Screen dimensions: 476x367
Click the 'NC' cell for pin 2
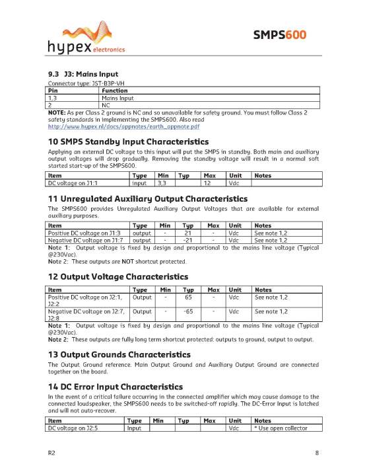(x=106, y=104)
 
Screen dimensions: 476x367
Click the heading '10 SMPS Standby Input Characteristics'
(x=128, y=141)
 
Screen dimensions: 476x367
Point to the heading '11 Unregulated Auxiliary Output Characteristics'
(x=148, y=198)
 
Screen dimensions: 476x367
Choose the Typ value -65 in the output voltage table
(x=187, y=311)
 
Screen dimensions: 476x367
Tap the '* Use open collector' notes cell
(x=284, y=429)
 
